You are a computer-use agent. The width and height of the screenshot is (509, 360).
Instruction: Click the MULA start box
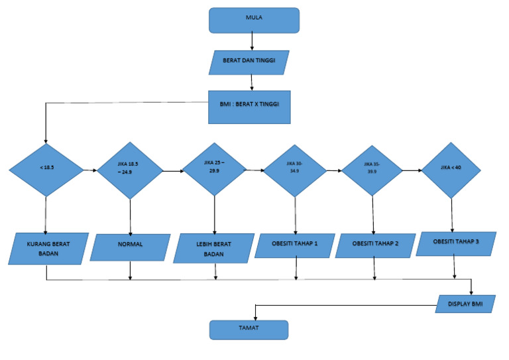(254, 20)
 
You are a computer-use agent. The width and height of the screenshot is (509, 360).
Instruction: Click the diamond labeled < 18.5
(46, 170)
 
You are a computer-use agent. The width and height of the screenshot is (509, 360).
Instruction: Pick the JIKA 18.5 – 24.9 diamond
(130, 171)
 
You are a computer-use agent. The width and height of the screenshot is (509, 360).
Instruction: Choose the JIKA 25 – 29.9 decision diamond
(214, 170)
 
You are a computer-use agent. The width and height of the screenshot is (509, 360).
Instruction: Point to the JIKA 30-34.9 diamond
(296, 170)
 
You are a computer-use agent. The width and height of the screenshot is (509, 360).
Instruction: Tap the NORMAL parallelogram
(130, 247)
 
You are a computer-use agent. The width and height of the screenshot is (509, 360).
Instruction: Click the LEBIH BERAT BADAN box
(213, 249)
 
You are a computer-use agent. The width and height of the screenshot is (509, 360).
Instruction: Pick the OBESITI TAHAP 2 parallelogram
(374, 245)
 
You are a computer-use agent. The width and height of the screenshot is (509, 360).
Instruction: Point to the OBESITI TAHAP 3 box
(456, 243)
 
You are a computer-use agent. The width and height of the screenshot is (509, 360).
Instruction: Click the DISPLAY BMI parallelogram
(466, 304)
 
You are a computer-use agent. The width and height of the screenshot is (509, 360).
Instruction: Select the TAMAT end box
(249, 329)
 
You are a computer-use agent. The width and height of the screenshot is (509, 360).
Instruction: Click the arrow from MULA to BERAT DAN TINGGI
(253, 41)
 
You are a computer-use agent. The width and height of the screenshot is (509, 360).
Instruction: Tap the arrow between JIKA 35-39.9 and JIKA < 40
(412, 170)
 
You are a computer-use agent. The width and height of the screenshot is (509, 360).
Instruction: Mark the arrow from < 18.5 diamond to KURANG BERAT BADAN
(46, 215)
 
